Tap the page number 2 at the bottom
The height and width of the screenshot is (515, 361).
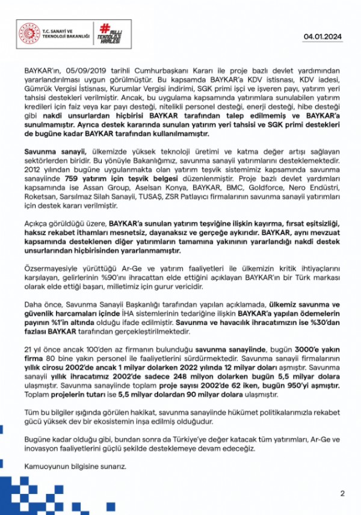(342, 494)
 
